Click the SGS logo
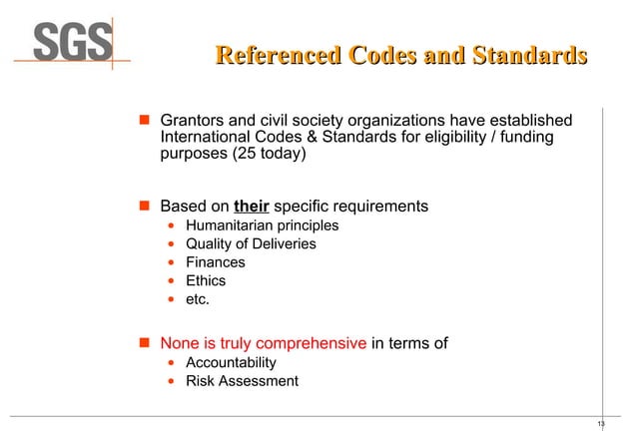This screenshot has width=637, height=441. tap(75, 43)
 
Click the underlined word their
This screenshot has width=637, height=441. tap(251, 207)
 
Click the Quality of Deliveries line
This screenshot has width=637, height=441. tap(251, 244)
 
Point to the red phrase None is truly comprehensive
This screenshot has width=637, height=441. tap(264, 344)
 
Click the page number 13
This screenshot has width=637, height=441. tap(601, 425)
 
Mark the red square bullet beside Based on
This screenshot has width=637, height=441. tap(142, 207)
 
